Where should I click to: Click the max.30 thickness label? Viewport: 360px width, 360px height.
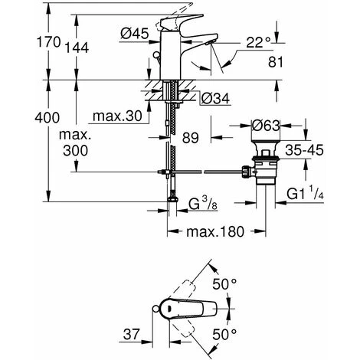click(115, 116)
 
